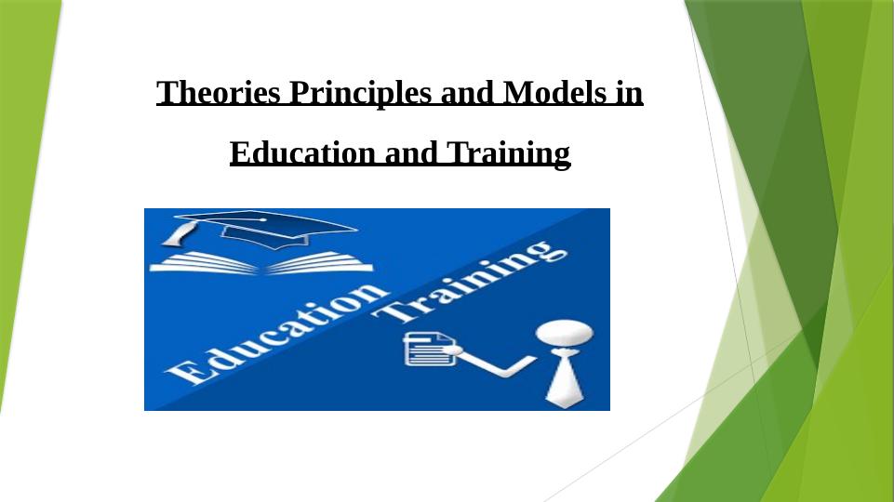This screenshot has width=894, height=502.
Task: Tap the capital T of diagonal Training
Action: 393,313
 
